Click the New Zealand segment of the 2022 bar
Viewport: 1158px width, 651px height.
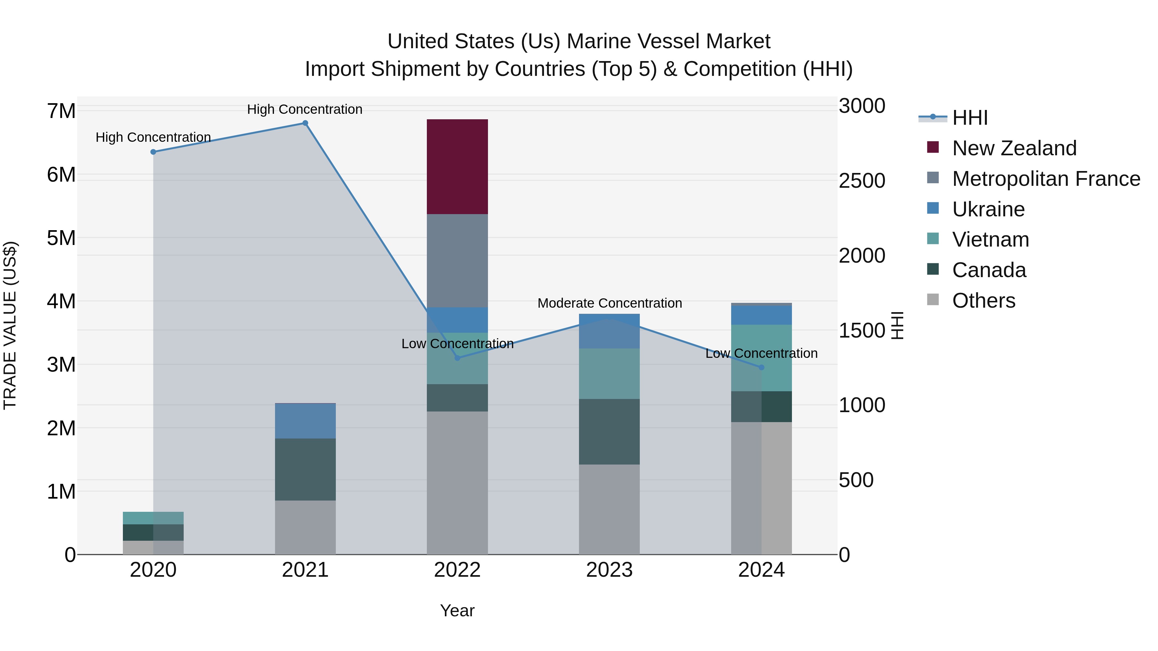(x=457, y=167)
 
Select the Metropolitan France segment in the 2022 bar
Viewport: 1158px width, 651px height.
(x=457, y=261)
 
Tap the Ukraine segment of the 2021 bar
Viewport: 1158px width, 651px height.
(x=305, y=421)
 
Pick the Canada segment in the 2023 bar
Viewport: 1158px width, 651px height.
(x=609, y=431)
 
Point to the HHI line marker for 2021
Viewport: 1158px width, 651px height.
(x=305, y=123)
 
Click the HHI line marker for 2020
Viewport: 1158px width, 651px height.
(x=153, y=152)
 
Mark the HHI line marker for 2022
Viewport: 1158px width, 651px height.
(x=457, y=358)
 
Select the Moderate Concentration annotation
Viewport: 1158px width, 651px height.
(x=610, y=303)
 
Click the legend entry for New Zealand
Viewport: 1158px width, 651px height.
(x=1014, y=148)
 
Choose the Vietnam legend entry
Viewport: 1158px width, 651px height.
(x=990, y=240)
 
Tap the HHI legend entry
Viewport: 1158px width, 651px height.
(x=970, y=118)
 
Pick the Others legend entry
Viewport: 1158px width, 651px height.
(x=984, y=301)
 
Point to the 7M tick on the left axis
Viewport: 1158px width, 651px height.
(x=61, y=111)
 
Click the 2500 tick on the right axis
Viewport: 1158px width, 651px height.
(x=862, y=181)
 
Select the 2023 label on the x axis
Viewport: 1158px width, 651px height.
(x=609, y=570)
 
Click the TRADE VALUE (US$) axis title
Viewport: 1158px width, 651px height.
(x=10, y=325)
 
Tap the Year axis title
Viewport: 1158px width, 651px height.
(x=457, y=610)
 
